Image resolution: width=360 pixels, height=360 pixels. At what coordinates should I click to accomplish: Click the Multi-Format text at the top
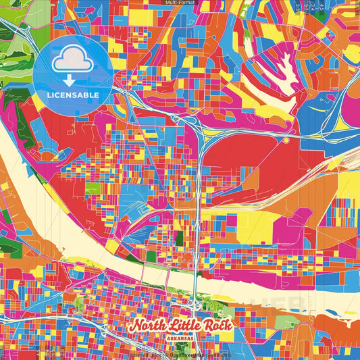click(180, 3)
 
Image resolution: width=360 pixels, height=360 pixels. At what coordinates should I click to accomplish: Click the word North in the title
click(149, 326)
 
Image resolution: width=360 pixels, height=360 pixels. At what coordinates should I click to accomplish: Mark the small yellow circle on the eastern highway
click(286, 140)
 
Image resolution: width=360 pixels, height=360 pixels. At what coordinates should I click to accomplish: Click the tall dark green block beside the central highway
click(179, 238)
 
